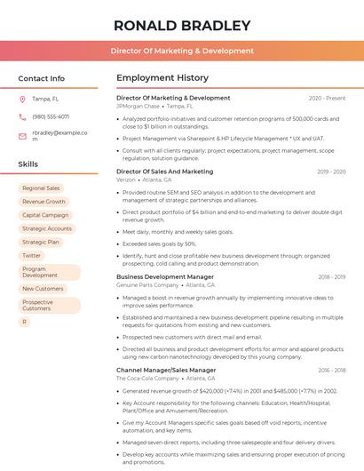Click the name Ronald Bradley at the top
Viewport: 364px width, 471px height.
point(181,24)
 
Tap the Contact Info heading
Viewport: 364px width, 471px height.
point(41,78)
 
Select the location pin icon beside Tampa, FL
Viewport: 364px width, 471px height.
point(22,99)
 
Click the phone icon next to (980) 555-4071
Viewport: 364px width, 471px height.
point(22,116)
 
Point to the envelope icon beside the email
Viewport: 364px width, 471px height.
point(22,135)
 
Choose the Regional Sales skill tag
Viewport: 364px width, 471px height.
point(41,188)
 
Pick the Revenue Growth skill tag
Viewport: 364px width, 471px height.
point(44,202)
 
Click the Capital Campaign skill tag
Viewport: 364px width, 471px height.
point(45,215)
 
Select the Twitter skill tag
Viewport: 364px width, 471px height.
point(32,255)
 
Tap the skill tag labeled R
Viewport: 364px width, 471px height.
point(25,322)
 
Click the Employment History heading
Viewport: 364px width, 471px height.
point(162,78)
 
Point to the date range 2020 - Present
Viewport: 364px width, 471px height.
point(327,98)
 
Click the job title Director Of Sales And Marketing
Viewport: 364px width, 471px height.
point(164,172)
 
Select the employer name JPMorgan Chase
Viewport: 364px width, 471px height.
point(138,106)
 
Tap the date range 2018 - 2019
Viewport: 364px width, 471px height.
point(331,276)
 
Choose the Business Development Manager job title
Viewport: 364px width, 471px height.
point(164,276)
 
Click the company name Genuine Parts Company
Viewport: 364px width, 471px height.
point(147,285)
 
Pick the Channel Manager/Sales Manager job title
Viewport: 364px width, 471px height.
point(165,370)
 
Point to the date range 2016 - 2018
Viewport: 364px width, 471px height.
point(331,370)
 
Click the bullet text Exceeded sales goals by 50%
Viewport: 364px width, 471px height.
point(159,243)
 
